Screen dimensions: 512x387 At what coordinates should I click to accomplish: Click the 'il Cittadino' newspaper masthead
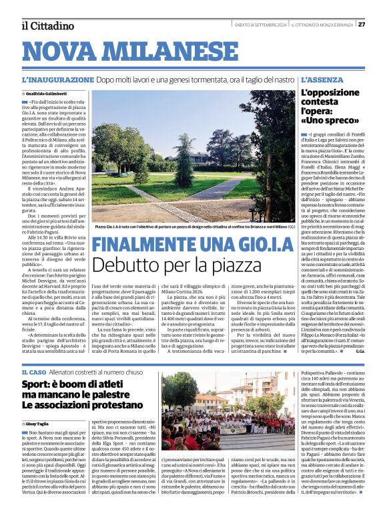(47, 25)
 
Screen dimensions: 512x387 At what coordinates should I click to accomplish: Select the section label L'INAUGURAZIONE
(57, 80)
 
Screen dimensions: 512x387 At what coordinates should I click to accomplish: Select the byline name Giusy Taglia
(38, 424)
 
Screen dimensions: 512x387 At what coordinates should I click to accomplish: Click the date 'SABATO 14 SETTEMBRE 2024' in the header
(262, 25)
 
